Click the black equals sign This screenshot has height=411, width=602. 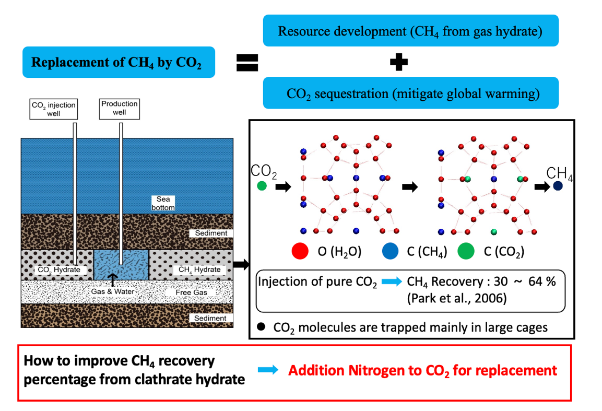[247, 63]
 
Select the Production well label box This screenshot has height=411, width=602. [120, 108]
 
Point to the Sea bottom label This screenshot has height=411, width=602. [163, 203]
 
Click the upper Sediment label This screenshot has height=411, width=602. [211, 233]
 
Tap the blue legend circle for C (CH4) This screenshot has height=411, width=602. [392, 252]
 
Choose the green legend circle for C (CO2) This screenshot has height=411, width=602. [466, 252]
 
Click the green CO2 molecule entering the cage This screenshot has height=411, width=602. [262, 185]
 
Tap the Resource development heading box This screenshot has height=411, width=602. [410, 31]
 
